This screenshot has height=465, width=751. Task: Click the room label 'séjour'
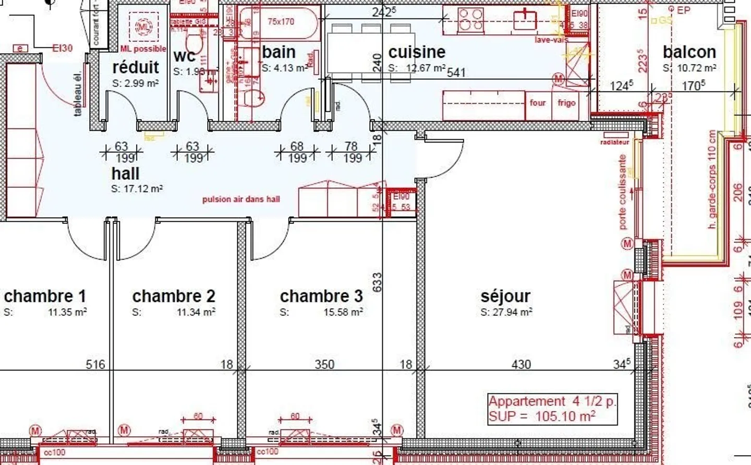pos(505,296)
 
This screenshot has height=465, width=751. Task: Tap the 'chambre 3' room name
pos(321,296)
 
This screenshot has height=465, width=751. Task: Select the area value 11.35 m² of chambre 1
pos(67,313)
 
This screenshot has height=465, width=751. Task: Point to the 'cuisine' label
pos(417,52)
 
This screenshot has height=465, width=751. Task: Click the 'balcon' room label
pos(689,52)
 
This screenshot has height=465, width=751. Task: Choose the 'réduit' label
pos(136,67)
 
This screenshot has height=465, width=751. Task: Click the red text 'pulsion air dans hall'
pos(241,199)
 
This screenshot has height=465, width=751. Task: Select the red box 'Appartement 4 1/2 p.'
pos(552,409)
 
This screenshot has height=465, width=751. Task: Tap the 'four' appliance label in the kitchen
pos(538,103)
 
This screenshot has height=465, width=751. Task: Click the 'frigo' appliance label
pos(566,103)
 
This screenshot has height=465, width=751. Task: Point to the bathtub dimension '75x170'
pos(281,22)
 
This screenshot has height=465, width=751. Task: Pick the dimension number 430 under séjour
pos(521,364)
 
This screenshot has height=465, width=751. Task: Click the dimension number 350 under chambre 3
pos(324,364)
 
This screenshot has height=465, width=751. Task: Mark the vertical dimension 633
pos(377,282)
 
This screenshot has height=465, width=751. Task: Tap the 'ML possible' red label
pos(143,49)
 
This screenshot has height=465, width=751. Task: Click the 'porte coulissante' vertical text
pos(622,192)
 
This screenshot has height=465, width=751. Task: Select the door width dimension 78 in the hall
pos(351,147)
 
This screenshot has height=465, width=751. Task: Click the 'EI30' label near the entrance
pos(63,49)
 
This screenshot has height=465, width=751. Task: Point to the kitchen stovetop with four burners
pos(471,19)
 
